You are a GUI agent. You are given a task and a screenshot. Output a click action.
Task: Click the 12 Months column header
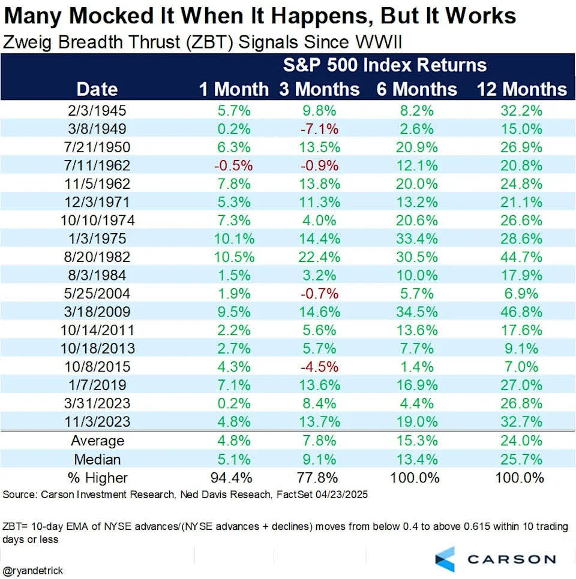tap(521, 89)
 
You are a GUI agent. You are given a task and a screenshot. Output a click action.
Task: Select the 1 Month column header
tap(234, 89)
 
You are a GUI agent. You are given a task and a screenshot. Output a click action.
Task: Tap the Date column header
tap(97, 89)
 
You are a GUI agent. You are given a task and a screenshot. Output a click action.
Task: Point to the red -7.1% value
tap(320, 128)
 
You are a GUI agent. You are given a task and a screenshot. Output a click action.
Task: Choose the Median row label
tap(97, 459)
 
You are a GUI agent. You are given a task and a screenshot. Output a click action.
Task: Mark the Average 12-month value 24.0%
tap(521, 441)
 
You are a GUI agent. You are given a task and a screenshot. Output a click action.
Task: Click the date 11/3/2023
tap(97, 421)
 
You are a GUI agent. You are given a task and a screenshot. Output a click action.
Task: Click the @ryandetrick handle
tap(33, 571)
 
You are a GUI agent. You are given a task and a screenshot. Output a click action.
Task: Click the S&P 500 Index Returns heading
tap(385, 65)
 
